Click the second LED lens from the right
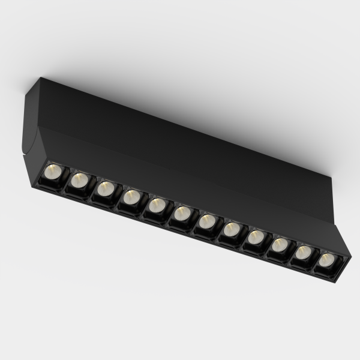point(303,253)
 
